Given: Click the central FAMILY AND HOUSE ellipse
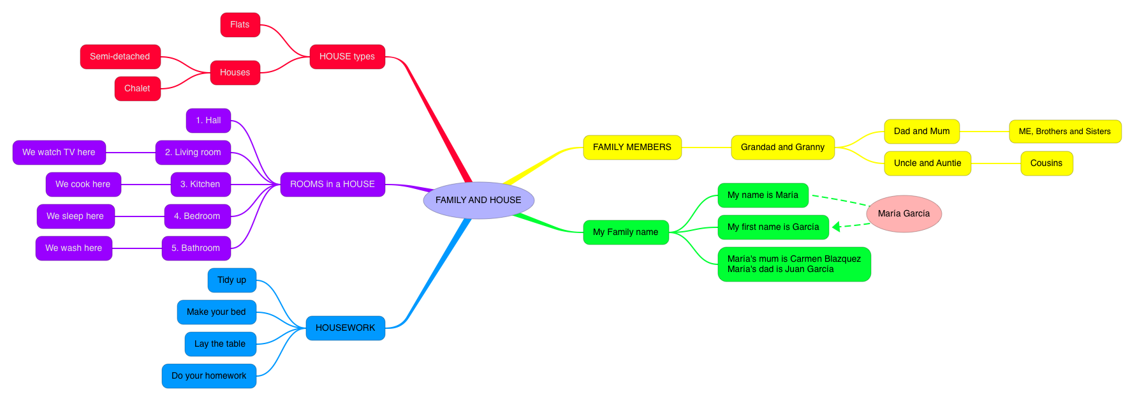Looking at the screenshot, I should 478,200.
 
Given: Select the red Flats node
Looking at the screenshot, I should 240,25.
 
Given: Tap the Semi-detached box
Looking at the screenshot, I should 120,57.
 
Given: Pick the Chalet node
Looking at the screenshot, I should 137,89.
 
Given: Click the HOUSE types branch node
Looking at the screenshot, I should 347,57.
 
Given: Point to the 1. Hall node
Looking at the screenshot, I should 208,121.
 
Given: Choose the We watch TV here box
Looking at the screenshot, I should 59,153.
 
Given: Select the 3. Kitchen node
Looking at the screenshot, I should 200,185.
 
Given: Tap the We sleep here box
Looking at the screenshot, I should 75,216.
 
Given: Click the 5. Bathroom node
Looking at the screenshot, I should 196,248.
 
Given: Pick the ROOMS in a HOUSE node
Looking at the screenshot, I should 332,185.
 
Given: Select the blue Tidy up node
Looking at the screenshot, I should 231,280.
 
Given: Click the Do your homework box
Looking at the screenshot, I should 209,376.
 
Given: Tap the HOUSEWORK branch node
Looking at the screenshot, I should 345,328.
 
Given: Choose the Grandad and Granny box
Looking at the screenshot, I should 782,148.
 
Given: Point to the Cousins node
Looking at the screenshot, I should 1046,163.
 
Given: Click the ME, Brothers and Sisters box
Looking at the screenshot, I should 1065,132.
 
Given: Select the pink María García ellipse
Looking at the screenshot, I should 904,214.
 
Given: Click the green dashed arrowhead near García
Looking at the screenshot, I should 837,227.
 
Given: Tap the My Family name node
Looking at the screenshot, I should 626,232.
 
